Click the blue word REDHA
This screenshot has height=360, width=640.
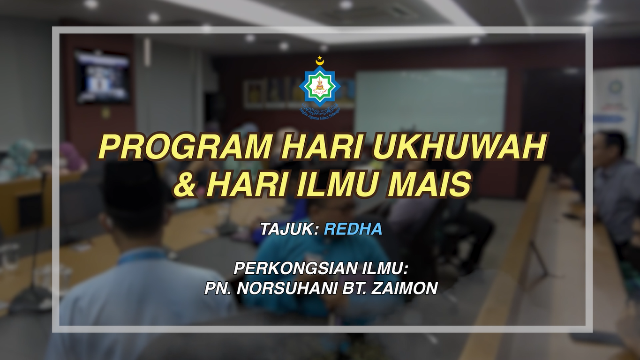tap(353, 229)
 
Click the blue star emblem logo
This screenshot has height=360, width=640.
tap(320, 85)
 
